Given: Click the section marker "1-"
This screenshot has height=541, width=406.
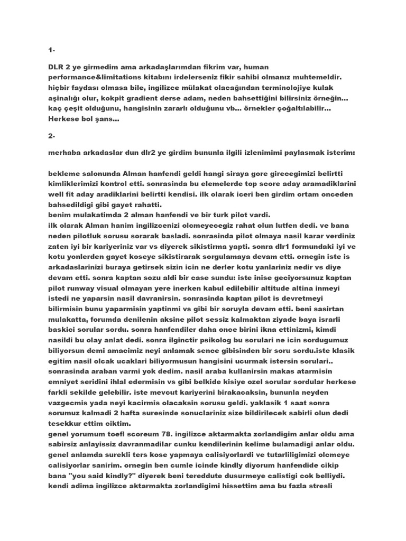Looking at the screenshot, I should point(51,50).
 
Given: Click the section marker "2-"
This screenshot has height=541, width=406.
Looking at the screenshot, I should point(51,136).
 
